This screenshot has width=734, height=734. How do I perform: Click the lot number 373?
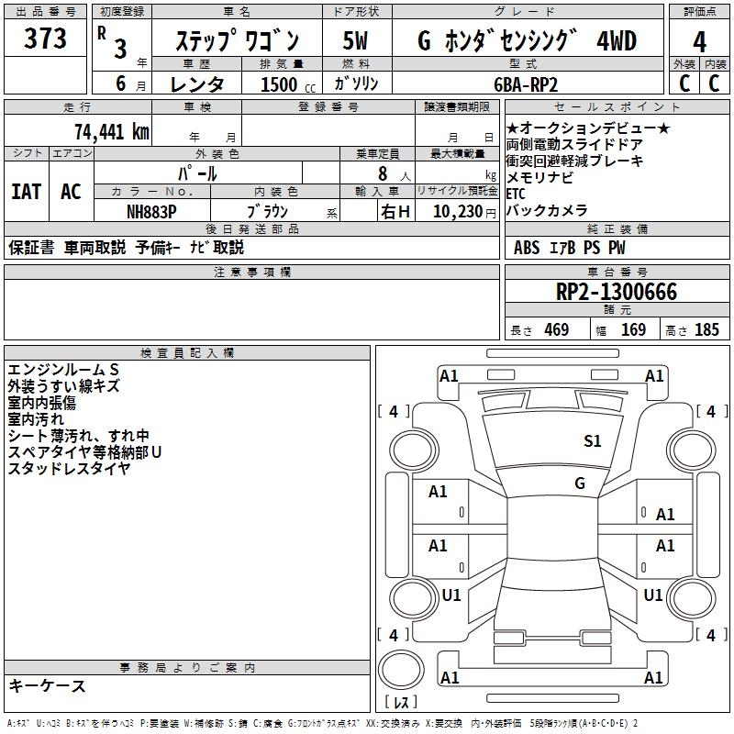45,39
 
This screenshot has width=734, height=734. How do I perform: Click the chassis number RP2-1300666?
617,293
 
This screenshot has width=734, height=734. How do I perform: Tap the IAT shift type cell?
26,192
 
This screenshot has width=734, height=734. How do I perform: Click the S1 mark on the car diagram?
593,441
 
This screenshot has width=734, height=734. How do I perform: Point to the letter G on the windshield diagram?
580,484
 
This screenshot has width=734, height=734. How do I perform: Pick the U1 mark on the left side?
450,595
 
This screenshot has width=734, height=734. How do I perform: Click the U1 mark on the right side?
653,595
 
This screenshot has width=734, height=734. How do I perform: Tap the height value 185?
706,330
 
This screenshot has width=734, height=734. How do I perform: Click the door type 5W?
357,41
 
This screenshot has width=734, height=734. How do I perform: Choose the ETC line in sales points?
516,195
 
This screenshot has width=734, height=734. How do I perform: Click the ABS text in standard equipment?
527,248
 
